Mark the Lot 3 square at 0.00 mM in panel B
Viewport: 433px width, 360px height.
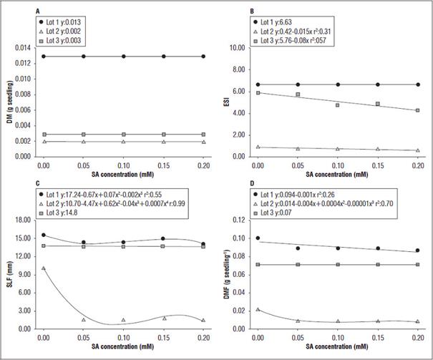pos(258,92)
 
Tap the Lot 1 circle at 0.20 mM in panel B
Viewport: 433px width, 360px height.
pos(418,84)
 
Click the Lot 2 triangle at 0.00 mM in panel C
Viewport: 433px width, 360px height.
pos(44,268)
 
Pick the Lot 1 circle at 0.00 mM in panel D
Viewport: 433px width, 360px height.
pos(258,238)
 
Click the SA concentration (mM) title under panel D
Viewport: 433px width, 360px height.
pos(338,348)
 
